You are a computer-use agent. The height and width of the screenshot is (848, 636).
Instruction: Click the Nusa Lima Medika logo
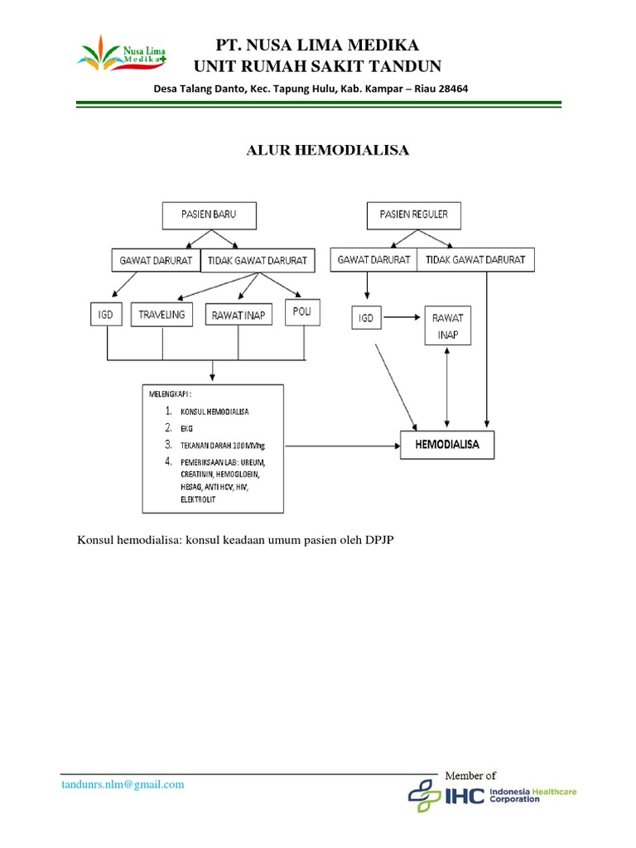pos(120,55)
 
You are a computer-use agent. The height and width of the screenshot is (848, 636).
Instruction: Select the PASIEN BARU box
pos(209,214)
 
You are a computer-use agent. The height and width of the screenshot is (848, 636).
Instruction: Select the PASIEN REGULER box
pos(413,214)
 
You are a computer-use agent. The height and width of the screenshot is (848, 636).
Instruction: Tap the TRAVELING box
pos(162,315)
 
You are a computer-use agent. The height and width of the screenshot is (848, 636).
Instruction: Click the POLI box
pos(301,311)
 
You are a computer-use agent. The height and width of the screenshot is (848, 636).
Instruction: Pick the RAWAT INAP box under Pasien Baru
pos(238,315)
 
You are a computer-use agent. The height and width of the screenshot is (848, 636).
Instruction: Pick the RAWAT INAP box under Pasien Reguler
pos(448,325)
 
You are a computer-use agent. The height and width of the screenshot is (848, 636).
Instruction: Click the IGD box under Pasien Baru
pos(108,315)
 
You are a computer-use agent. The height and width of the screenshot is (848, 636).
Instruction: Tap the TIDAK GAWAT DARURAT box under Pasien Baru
pos(258,260)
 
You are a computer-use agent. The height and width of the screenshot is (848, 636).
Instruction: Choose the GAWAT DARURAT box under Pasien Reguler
pos(373,259)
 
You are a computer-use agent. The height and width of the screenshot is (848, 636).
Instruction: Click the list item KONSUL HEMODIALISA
pos(214,412)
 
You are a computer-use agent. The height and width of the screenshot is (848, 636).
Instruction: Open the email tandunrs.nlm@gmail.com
pos(123,784)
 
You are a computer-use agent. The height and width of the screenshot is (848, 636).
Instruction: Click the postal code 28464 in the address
pos(450,89)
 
